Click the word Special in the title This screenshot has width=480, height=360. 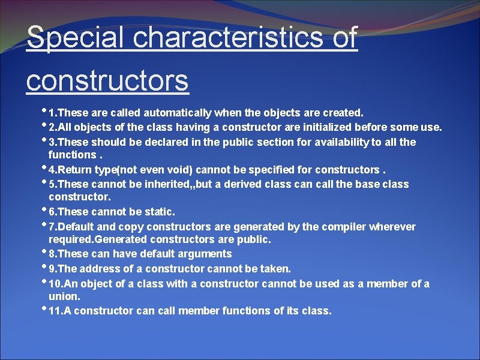[76, 38]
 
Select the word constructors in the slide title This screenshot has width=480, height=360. [107, 80]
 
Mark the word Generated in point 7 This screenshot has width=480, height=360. [126, 239]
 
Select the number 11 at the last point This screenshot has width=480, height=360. [55, 311]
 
